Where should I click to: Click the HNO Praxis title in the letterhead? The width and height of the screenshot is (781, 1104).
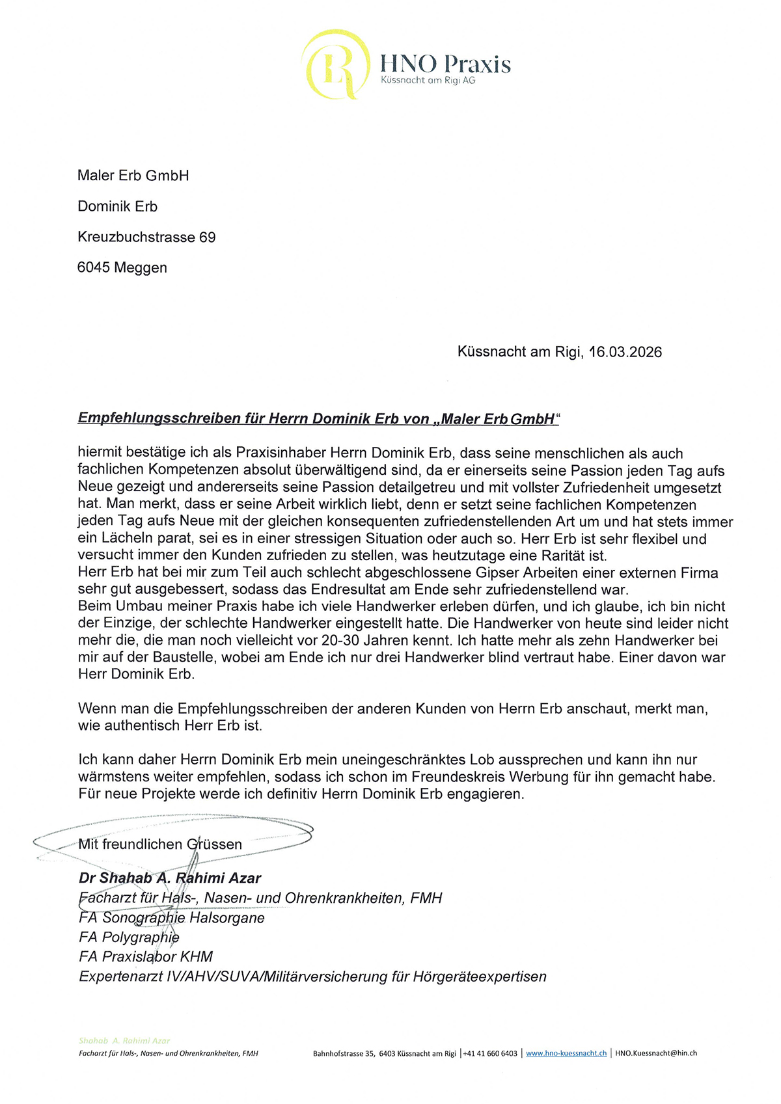point(445,64)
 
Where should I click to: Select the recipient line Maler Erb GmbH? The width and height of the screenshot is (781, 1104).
point(133,176)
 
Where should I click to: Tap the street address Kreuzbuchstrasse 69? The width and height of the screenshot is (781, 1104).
point(146,237)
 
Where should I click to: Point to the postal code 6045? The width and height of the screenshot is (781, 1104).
point(93,267)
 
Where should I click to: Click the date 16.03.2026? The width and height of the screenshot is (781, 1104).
point(625,352)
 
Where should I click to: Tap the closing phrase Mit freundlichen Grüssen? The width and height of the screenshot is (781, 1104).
point(160,844)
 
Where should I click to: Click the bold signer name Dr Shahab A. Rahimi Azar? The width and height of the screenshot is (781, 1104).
point(170,878)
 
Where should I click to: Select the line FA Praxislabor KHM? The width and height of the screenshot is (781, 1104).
point(146,957)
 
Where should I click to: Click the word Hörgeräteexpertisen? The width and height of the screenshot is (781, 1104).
point(479,976)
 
